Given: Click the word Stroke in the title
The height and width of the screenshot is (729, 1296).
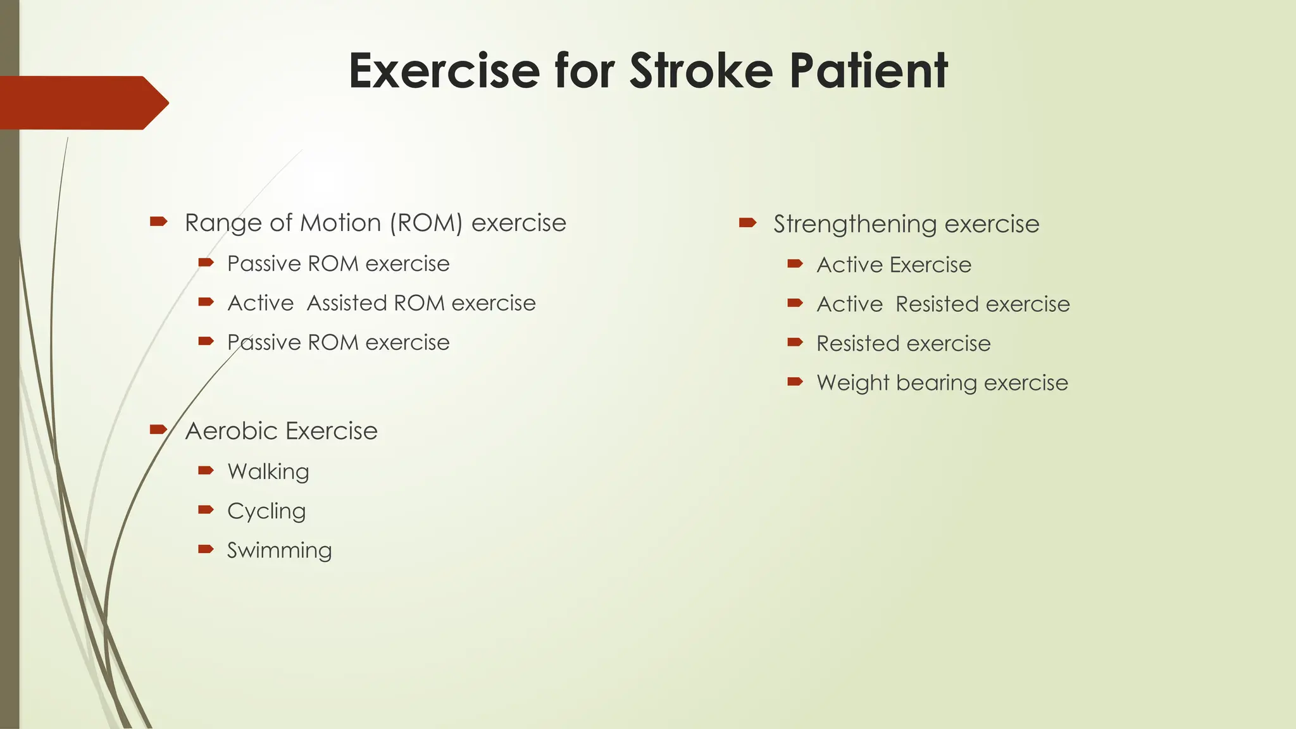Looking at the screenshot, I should click(x=701, y=71).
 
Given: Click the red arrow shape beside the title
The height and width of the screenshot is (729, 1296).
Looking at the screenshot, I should click(x=82, y=103).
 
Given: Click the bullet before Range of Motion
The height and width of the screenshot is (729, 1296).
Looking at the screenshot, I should click(x=158, y=221).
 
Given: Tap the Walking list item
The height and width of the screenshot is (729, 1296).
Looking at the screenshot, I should click(x=268, y=471).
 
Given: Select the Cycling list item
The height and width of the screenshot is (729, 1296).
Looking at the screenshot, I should click(x=266, y=511).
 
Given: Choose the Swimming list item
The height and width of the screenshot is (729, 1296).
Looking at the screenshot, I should click(x=279, y=551).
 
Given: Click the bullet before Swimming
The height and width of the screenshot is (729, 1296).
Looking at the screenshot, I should click(x=206, y=549).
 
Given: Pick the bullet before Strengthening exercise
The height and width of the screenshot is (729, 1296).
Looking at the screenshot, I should click(x=747, y=222).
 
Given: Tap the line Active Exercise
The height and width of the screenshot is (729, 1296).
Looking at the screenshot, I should click(x=894, y=265).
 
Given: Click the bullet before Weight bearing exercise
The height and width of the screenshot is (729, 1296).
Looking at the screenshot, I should click(x=795, y=382).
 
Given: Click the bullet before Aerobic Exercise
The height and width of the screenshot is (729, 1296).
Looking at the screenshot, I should click(x=158, y=430).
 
